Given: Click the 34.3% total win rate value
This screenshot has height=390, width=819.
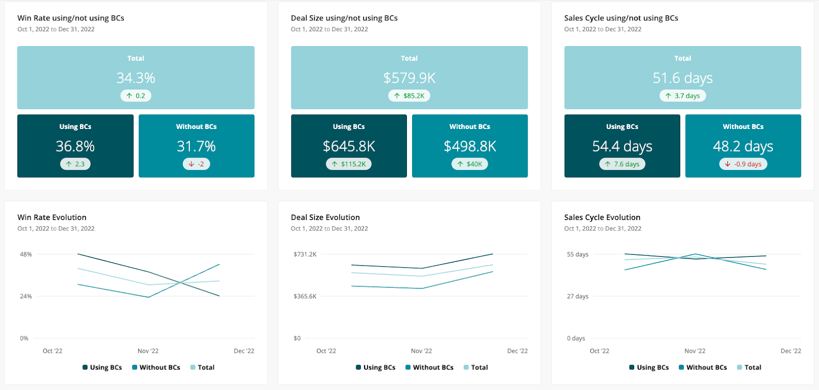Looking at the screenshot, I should coord(136,78).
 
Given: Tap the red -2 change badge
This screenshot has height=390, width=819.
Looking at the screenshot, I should coord(197,164).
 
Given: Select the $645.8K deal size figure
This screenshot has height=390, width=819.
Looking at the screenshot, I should coord(349,147).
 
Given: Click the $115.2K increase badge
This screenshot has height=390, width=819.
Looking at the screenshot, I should coord(349,164).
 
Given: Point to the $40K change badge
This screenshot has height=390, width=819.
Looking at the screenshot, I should coord(470,164).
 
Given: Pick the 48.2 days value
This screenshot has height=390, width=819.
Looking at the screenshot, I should coord(743,147).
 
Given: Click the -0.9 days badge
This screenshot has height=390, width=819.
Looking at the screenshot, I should coord(743,164).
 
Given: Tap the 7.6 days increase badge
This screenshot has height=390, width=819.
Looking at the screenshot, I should coord(622,164).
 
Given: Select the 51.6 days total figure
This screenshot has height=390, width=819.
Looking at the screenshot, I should coord(682,78).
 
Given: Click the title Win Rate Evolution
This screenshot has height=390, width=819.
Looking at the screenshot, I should coord(52,218).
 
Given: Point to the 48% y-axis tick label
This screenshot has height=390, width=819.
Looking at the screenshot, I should coord(26,254).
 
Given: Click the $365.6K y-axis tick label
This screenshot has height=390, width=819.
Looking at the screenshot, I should coord(305,296).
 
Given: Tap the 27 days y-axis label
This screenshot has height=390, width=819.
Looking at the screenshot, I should coord(577,296).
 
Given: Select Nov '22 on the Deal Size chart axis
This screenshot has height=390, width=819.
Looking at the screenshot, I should coord(421,351).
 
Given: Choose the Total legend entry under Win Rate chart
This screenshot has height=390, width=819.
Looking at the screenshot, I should coord(202,367).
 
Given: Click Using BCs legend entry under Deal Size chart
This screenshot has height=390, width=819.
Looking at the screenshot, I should coord(376,367).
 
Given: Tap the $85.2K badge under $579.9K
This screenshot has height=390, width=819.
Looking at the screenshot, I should coord(409,96).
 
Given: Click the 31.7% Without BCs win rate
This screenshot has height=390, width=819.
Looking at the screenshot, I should coord(197,147).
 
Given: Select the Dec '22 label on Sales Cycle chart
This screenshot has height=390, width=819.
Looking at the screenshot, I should coord(790,351).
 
